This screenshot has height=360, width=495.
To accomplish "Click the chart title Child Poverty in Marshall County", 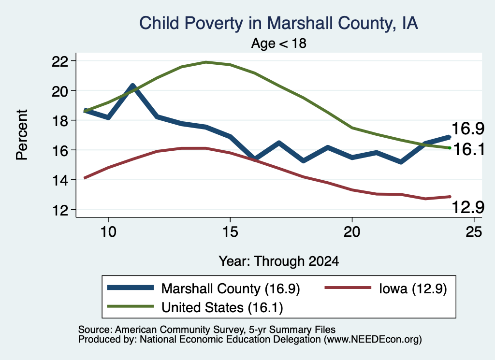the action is (x=278, y=23).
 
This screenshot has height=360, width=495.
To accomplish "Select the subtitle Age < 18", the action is (x=279, y=43).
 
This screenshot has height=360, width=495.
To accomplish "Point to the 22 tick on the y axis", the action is (x=60, y=61).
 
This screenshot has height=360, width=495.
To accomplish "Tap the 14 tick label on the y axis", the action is (x=60, y=180).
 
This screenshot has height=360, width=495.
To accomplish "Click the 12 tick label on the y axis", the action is (x=60, y=210).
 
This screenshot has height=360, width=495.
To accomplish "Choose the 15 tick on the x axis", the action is (x=230, y=232).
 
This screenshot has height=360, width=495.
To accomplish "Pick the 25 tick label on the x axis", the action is (x=474, y=232).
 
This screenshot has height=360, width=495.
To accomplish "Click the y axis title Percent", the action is (x=22, y=135).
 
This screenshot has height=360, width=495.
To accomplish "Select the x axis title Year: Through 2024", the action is (x=279, y=261).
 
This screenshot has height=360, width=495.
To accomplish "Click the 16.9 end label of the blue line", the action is (x=468, y=129).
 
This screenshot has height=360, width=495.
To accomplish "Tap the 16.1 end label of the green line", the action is (x=469, y=149).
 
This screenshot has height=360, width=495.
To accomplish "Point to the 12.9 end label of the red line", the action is (x=468, y=207).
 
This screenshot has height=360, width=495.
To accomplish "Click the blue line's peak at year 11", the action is (x=132, y=85).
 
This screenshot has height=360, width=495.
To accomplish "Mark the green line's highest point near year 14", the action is (x=206, y=62).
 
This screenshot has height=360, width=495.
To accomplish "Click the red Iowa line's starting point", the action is (x=84, y=178).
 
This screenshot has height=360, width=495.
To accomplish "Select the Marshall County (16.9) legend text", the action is (x=231, y=288).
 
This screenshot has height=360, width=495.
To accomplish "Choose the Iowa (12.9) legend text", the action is (x=413, y=288).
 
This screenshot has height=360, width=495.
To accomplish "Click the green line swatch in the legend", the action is (x=131, y=306).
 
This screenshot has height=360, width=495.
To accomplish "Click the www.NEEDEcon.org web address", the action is (x=373, y=340).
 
